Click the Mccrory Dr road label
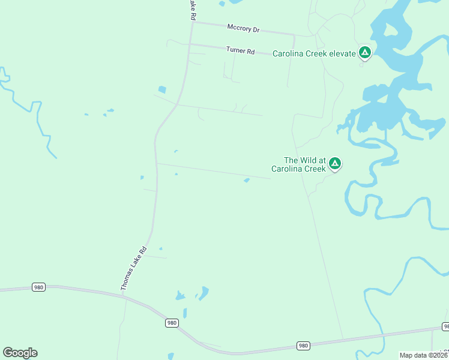pyautogui.click(x=243, y=28)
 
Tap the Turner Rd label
pyautogui.click(x=241, y=50)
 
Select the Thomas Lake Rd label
pyautogui.click(x=134, y=269)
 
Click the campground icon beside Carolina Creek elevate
pyautogui.click(x=364, y=53)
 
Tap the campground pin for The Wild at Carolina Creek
pyautogui.click(x=335, y=163)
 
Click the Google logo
pyautogui.click(x=20, y=353)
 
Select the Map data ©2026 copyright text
pyautogui.click(x=424, y=355)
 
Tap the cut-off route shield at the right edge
pyautogui.click(x=445, y=326)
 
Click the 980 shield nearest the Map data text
pyautogui.click(x=303, y=346)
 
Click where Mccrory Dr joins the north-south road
pyautogui.click(x=192, y=23)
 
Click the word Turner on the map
pyautogui.click(x=235, y=50)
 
